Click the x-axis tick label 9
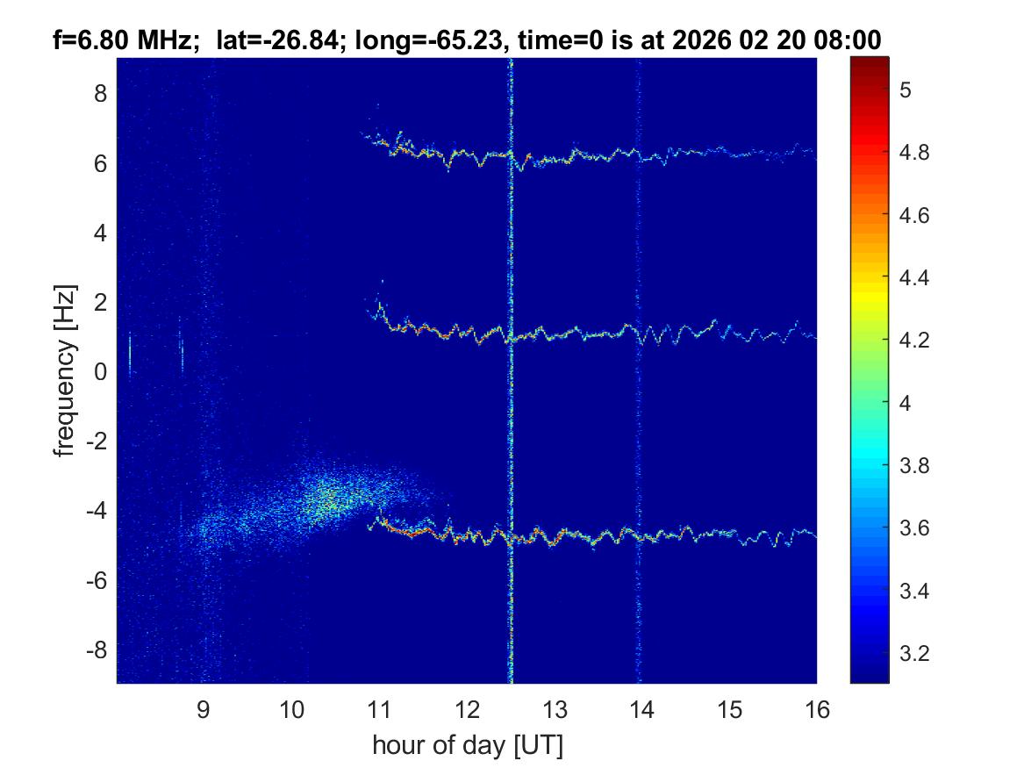click(x=203, y=709)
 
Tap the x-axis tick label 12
click(x=467, y=709)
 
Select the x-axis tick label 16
click(x=817, y=709)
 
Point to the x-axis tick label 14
click(x=641, y=709)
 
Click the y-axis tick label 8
click(x=101, y=93)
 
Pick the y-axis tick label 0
click(x=101, y=371)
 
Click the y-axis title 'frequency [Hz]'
click(x=64, y=370)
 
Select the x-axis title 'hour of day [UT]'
click(x=467, y=746)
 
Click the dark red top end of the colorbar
click(x=870, y=61)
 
